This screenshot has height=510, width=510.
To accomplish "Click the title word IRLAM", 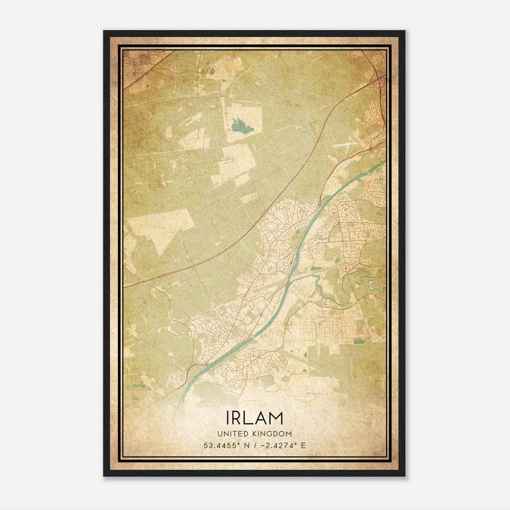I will tap(254, 418).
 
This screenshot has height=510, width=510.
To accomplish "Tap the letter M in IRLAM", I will tap(276, 418).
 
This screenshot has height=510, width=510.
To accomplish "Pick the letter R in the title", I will tap(240, 418).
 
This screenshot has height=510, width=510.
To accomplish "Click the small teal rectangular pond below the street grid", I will tap(359, 342).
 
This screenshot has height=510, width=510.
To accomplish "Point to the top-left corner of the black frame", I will tap(104, 31).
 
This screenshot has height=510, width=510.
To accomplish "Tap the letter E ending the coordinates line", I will tap(303, 445).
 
